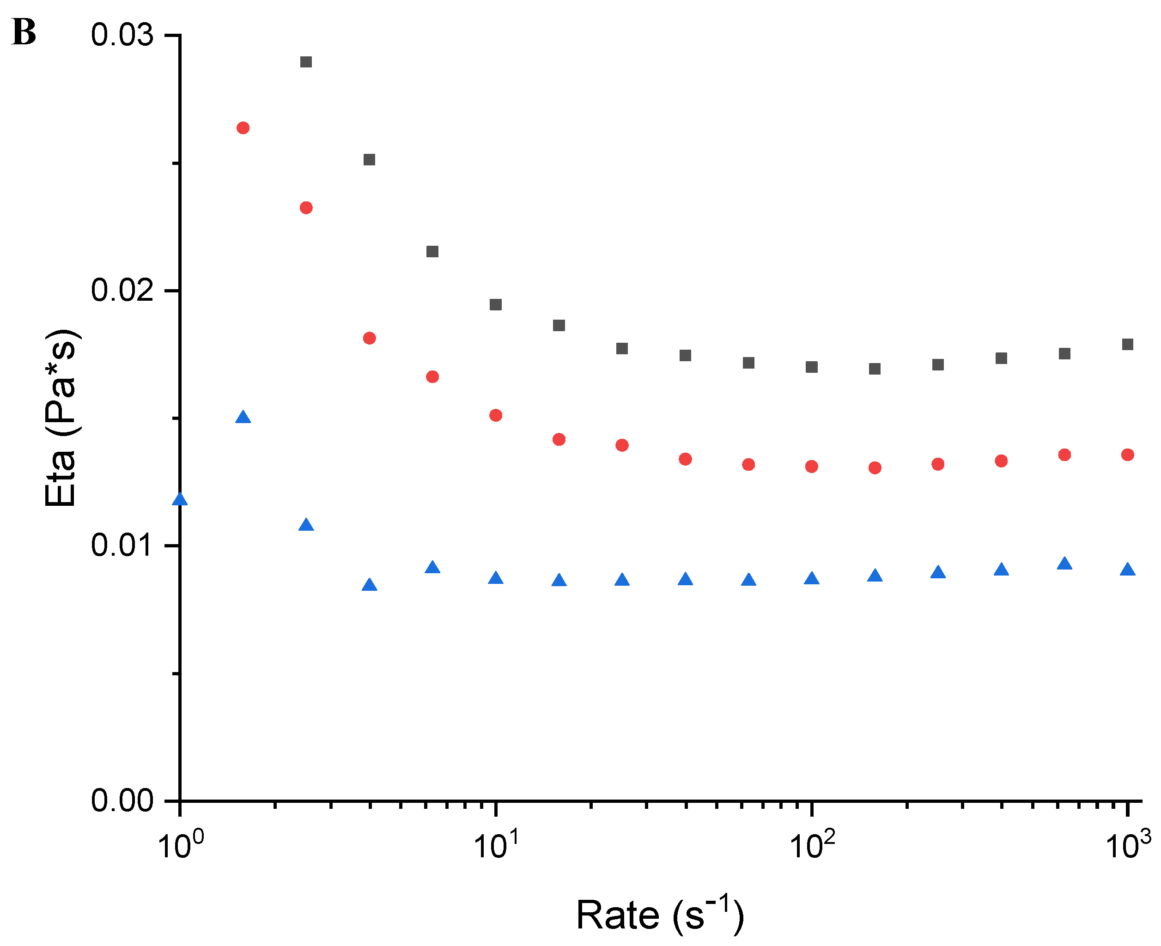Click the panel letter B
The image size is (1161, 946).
click(24, 32)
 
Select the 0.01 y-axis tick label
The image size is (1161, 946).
click(122, 545)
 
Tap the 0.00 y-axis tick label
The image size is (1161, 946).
click(122, 800)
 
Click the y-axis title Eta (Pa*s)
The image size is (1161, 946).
click(61, 418)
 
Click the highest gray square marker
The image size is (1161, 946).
click(306, 61)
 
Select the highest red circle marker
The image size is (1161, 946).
click(243, 128)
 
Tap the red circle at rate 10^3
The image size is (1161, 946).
click(1128, 455)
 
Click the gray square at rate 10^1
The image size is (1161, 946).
click(495, 304)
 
